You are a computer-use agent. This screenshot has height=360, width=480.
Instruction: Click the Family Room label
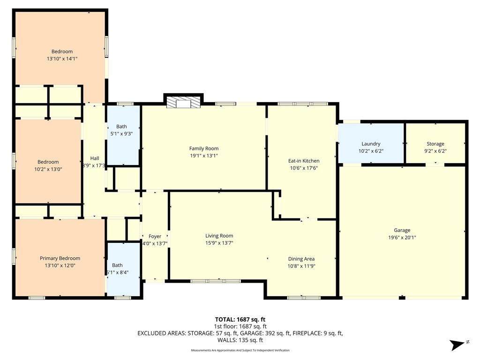tap(203, 149)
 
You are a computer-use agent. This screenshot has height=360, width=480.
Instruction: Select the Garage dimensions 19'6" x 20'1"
tap(402, 237)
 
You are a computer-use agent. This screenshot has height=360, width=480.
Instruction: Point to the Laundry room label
tap(371, 144)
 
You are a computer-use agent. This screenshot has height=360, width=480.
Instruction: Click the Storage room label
tap(435, 144)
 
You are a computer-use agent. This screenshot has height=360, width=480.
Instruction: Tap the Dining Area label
tap(301, 259)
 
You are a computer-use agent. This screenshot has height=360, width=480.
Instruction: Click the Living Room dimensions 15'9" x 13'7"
tap(219, 243)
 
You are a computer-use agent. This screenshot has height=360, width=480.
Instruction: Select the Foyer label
tap(155, 236)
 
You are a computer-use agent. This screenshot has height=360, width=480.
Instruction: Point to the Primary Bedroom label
tap(60, 258)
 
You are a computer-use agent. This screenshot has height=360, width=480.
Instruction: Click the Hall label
tap(94, 158)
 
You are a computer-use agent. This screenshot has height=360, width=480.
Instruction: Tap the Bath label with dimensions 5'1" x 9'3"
tap(121, 127)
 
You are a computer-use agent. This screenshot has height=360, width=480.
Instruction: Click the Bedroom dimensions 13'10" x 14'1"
tap(62, 59)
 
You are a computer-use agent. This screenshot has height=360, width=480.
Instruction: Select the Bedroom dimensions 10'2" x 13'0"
tap(48, 169)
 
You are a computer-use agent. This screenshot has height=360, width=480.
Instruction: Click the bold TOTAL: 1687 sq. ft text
tap(240, 320)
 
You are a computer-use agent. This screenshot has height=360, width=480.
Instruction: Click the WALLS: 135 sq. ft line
tap(240, 340)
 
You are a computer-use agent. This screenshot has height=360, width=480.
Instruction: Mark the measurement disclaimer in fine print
tap(240, 351)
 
